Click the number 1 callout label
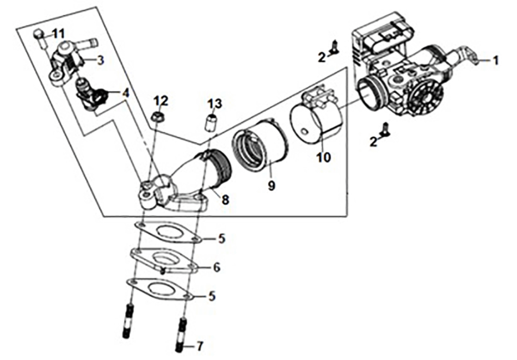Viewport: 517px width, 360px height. click(495, 61)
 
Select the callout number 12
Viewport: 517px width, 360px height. click(161, 101)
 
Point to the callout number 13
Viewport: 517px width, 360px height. click(215, 103)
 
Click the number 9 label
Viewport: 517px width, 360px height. click(271, 186)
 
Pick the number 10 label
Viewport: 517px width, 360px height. click(324, 158)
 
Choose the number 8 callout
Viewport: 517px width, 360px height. click(225, 199)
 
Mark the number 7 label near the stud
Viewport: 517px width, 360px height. click(199, 346)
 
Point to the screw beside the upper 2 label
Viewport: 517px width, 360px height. click(335, 49)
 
